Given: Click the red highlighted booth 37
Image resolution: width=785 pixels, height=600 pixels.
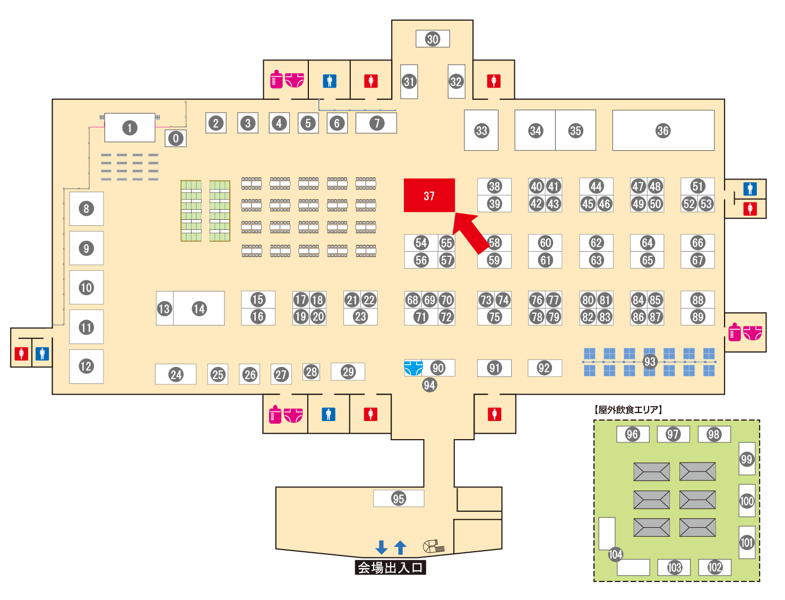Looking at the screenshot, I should [429, 195].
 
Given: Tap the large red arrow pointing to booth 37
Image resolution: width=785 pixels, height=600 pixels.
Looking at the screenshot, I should [471, 231].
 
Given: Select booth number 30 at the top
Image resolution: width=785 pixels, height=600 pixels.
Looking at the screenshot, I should [433, 39].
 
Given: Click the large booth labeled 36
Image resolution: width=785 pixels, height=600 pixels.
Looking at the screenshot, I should [663, 131].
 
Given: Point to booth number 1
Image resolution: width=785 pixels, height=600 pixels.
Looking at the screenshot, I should [130, 127].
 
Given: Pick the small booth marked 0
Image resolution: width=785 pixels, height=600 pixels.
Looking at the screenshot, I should [176, 139].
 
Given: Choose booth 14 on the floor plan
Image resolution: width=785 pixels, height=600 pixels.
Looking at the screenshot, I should [199, 308].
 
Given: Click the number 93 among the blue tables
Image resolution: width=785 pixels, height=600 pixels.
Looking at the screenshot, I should [650, 362].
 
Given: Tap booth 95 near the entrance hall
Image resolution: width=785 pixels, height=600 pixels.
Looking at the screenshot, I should [399, 499].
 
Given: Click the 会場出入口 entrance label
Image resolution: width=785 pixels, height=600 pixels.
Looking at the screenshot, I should [390, 568].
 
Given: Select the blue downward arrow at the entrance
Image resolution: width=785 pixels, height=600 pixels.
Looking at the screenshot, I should [381, 547].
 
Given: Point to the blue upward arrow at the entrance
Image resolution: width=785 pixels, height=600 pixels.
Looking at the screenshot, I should [401, 547].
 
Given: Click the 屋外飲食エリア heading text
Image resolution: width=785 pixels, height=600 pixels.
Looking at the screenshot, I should [628, 409].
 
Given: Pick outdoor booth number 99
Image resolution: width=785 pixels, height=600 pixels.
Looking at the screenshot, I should [747, 459].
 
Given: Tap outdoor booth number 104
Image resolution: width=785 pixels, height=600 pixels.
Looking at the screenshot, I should [615, 554].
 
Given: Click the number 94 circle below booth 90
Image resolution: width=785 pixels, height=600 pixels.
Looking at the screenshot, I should [429, 385].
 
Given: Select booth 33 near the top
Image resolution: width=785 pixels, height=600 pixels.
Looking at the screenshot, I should [481, 131].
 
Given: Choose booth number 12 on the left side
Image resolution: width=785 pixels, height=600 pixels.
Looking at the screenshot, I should [86, 366].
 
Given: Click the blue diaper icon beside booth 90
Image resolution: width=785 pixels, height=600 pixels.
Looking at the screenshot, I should [413, 367].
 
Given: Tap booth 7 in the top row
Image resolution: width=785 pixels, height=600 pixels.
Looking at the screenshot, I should [376, 123].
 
